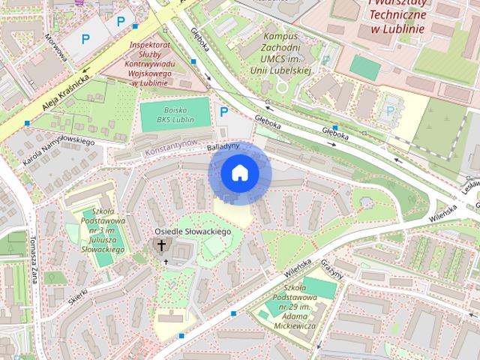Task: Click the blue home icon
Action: tap(239, 174)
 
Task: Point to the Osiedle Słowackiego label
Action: tap(193, 233)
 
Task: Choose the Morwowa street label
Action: tap(56, 47)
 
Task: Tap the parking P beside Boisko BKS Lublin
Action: tap(223, 112)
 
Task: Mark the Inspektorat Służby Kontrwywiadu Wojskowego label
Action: tap(153, 64)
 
